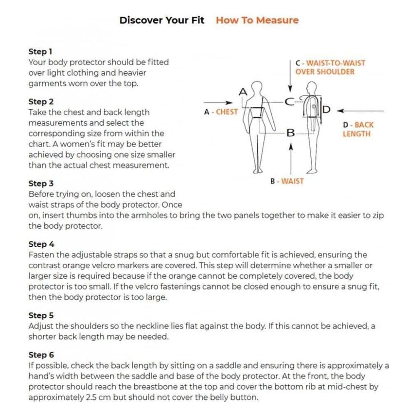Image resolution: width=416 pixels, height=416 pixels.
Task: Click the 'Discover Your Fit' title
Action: coord(162,20)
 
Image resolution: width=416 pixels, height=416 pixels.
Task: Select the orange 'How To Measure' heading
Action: coord(257,20)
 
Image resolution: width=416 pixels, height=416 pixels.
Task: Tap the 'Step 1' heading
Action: coord(40,52)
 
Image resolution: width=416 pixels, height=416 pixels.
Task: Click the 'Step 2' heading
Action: coord(41,102)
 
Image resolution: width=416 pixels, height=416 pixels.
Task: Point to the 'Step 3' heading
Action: coord(41,183)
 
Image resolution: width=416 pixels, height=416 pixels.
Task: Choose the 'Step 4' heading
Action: coord(41,244)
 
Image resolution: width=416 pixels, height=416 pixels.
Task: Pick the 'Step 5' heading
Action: coord(41,316)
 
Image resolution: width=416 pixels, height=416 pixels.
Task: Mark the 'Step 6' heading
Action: coord(41,355)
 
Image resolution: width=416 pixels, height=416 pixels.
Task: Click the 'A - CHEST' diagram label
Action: coord(221,112)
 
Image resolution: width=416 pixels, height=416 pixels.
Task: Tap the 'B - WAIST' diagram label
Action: coord(287,181)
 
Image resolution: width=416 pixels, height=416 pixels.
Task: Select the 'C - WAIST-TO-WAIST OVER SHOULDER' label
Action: coord(330,67)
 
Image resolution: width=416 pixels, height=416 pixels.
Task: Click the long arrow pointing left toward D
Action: coord(360,111)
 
